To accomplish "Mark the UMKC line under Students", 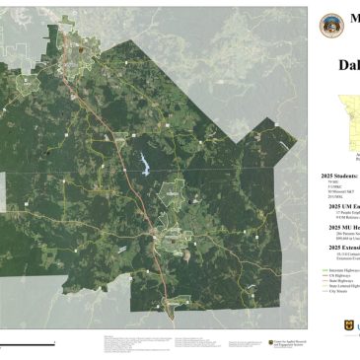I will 331,185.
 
